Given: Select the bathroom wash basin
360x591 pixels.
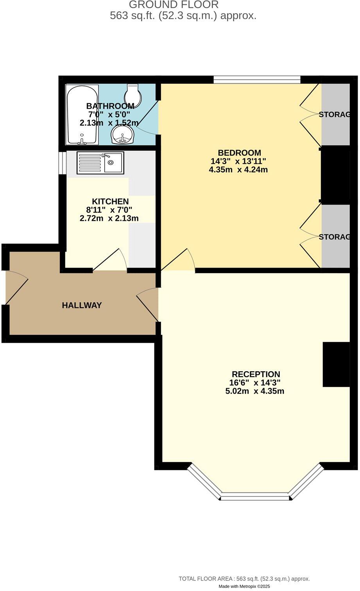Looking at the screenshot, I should [x=123, y=135].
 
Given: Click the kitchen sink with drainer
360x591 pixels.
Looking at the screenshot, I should [x=100, y=163].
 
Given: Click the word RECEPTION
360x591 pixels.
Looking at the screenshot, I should [x=256, y=374].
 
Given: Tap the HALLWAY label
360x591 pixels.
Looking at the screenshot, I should [x=82, y=305].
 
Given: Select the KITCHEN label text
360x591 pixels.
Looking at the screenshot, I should [x=110, y=201].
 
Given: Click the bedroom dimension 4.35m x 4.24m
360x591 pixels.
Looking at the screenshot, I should [x=238, y=170].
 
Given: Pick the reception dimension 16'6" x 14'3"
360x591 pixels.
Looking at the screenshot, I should [x=255, y=383].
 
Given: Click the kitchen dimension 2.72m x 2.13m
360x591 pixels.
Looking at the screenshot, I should [x=109, y=218].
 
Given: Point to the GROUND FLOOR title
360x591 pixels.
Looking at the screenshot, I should [x=174, y=5].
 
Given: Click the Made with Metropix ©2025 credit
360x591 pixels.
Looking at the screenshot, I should [x=244, y=586].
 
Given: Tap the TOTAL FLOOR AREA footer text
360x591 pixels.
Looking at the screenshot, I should [x=244, y=579].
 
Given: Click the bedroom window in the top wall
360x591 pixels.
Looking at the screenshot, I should [x=257, y=80].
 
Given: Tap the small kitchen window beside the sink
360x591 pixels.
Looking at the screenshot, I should [x=62, y=162].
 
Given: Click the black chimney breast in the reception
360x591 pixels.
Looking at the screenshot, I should [x=336, y=364].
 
